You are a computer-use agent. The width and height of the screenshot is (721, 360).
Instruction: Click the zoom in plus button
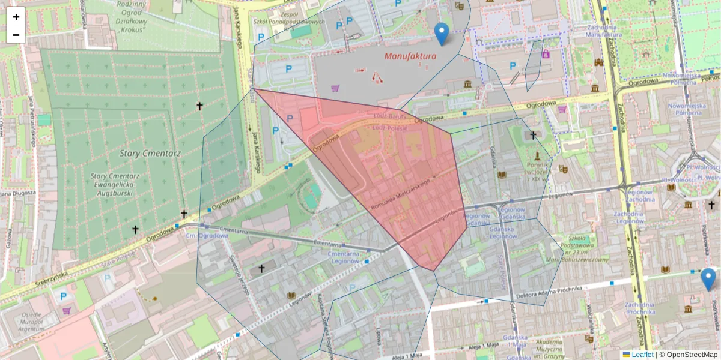pos(16,17)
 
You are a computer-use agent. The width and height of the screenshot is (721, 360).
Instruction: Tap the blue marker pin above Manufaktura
pos(442,34)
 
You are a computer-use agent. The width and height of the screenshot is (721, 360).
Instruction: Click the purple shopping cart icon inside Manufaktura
pos(335,88)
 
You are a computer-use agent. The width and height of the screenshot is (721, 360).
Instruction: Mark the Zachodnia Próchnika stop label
pos(641,308)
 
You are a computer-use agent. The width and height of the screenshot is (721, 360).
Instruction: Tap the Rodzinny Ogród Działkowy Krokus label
pos(133,18)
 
